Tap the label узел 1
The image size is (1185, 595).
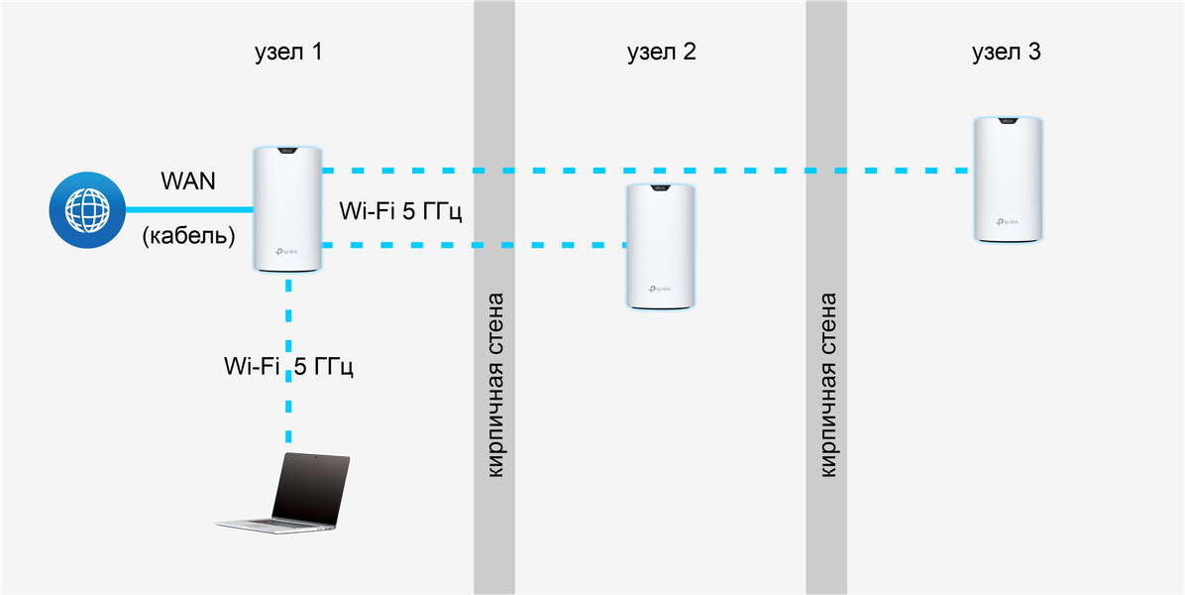click(x=288, y=54)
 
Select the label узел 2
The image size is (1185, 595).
click(x=661, y=54)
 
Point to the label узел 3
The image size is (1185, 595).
click(x=1006, y=54)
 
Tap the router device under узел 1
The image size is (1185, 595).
click(x=288, y=208)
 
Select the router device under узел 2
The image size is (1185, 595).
click(x=663, y=246)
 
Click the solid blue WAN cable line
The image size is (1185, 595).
click(x=188, y=210)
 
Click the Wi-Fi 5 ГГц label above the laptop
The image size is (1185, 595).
click(x=289, y=366)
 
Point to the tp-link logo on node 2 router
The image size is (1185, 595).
click(x=663, y=290)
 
